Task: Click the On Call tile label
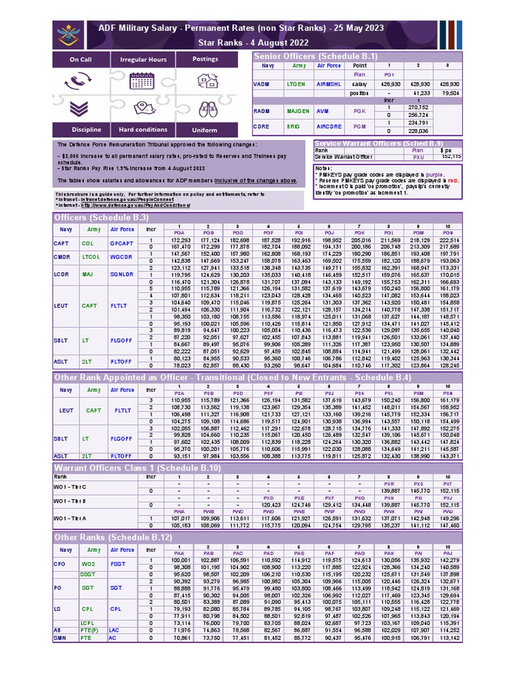click(x=81, y=60)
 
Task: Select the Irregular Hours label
click(x=143, y=60)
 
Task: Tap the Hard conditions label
click(x=143, y=130)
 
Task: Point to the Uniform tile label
click(x=205, y=130)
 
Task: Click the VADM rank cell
click(x=261, y=85)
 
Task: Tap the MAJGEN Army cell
click(x=298, y=110)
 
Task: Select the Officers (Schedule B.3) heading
click(x=101, y=218)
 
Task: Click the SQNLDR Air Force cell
click(x=123, y=274)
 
